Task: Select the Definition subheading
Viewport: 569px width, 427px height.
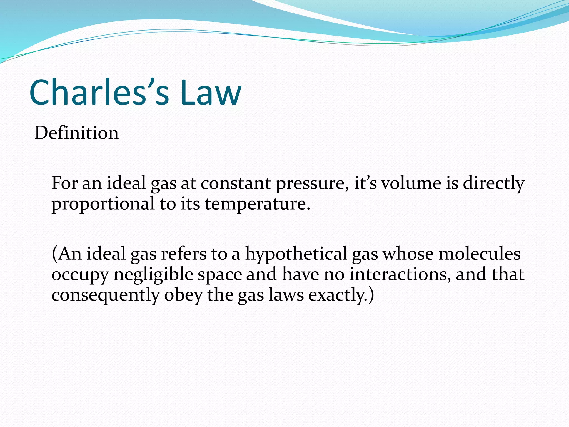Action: (x=76, y=133)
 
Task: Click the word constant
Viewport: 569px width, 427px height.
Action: (x=236, y=183)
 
